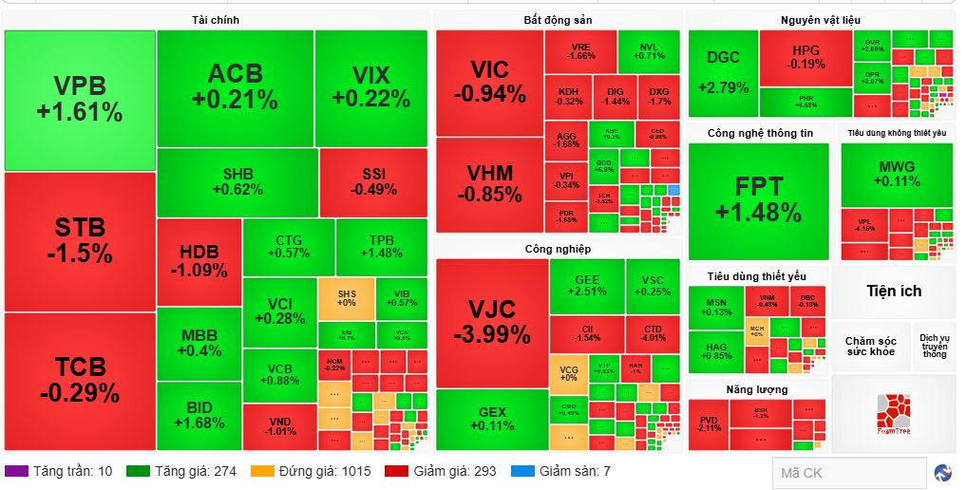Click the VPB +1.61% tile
point(80,100)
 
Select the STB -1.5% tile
point(80,241)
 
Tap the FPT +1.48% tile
point(758,199)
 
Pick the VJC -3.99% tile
point(491,322)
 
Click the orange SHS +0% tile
point(346,297)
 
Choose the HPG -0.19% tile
point(806,58)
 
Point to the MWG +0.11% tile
point(897,175)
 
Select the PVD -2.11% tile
point(709,424)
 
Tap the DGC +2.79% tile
point(723,72)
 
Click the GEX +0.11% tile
point(492,419)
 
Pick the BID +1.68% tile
point(199,415)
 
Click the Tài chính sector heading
point(216,19)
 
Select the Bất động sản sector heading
point(558,19)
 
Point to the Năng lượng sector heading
point(757,389)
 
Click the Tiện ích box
point(893,291)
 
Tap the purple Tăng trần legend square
point(16,471)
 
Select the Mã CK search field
point(848,472)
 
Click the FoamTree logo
point(893,413)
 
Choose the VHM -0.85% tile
point(490,184)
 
